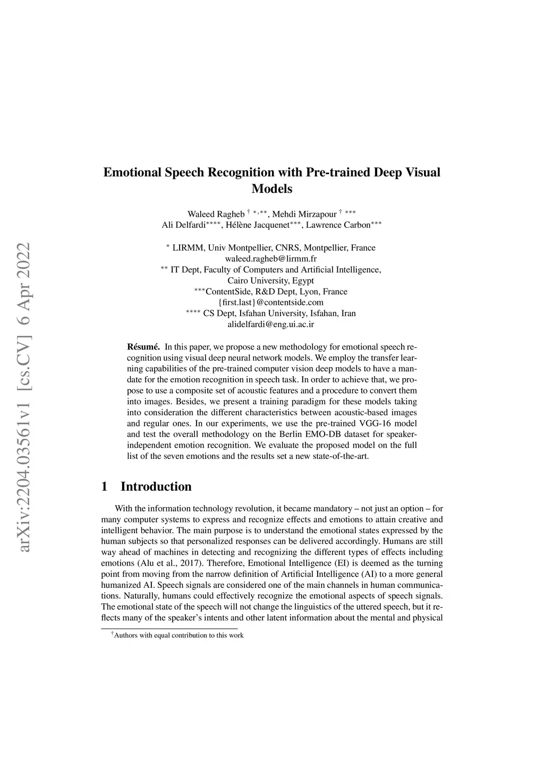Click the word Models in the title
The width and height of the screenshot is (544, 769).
[x=271, y=189]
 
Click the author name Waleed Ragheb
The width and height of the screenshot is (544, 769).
[x=216, y=214]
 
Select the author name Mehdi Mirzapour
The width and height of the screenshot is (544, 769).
[x=304, y=214]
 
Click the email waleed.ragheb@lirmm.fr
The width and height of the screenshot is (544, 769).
[x=271, y=259]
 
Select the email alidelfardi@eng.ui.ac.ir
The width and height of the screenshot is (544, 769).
[x=271, y=324]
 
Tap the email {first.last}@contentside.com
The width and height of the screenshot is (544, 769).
[x=271, y=302]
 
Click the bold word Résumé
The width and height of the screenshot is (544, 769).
[x=143, y=347]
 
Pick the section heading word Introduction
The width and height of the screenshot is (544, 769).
[x=156, y=486]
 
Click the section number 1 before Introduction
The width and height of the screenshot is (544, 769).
[x=105, y=486]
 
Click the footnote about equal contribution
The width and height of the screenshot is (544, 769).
[x=177, y=635]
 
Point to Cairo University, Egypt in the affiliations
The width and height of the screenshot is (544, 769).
[x=271, y=280]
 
